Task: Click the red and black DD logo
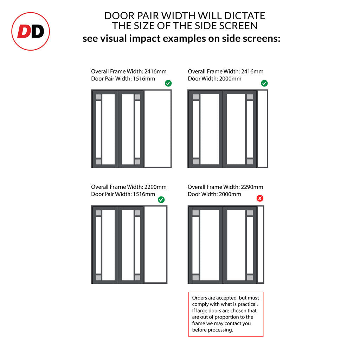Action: pos(31,31)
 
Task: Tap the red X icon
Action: pos(260,198)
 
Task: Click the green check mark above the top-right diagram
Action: pos(264,83)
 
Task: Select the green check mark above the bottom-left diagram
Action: pos(161,200)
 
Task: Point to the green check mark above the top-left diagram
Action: pos(168,83)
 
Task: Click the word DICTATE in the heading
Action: pos(245,16)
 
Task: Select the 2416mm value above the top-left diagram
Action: pos(155,71)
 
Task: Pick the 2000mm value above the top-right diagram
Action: pos(230,79)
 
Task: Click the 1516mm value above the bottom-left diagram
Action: pos(144,194)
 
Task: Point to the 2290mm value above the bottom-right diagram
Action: pos(252,187)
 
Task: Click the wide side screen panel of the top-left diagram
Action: pos(157,129)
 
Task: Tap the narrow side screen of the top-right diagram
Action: pos(262,129)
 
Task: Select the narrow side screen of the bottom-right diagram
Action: pos(261,245)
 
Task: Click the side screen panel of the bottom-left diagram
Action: pos(155,245)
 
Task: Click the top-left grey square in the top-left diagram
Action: pos(98,97)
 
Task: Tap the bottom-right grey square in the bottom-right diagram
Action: pos(250,278)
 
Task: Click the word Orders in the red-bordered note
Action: pos(200,298)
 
